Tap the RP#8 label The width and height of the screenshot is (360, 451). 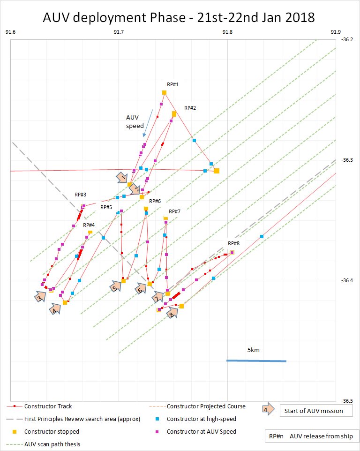(x=233, y=243)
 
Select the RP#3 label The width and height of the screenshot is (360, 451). (x=80, y=195)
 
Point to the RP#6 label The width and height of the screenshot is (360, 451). (x=155, y=201)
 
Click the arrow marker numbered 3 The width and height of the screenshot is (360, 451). (x=41, y=297)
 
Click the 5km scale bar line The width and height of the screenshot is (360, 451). (x=256, y=361)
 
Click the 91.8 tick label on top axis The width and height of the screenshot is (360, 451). (x=227, y=32)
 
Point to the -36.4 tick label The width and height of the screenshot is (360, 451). (x=347, y=280)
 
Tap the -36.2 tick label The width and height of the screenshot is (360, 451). (x=347, y=40)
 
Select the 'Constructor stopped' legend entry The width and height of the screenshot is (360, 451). (x=52, y=431)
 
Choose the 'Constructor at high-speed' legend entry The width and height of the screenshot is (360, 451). (x=201, y=419)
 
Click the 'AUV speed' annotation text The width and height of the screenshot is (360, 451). (x=135, y=121)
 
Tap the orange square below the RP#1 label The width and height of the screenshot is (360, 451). (x=164, y=93)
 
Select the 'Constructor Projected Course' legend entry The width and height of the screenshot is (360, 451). (x=206, y=406)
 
